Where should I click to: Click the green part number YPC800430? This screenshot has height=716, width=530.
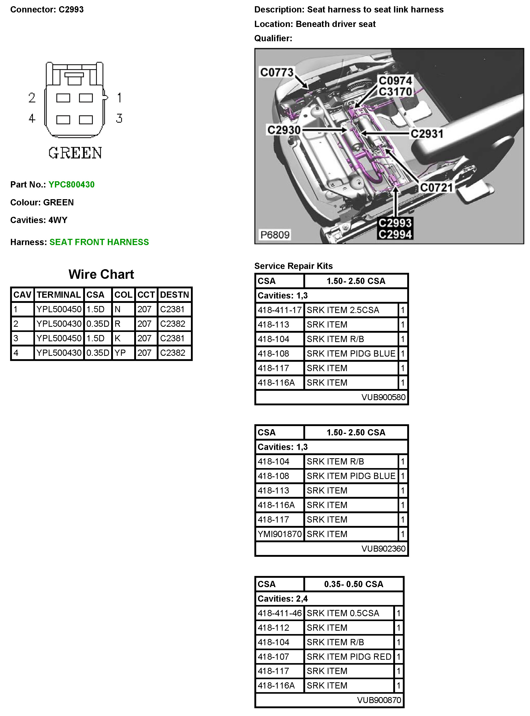tap(71, 184)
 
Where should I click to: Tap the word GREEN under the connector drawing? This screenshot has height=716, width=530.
tap(75, 153)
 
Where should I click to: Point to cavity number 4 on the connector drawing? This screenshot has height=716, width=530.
tap(31, 119)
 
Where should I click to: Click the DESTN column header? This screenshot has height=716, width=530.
tap(174, 295)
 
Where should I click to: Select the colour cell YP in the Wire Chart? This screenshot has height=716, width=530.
tap(120, 353)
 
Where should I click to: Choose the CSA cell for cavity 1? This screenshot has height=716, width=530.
tap(95, 309)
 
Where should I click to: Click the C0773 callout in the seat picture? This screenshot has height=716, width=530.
tap(277, 72)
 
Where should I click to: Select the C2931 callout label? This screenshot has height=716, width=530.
tap(427, 134)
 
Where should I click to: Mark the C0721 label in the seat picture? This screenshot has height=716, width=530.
tap(436, 187)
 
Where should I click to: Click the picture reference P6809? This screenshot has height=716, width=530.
tap(275, 235)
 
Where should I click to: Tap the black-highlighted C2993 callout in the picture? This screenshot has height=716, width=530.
tap(395, 223)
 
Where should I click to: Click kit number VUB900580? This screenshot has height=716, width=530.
tap(383, 397)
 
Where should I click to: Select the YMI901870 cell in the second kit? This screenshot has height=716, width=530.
tap(280, 534)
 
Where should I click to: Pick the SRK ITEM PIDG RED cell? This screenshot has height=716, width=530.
tap(349, 657)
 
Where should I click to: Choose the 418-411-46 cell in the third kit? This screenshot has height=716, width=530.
tap(280, 613)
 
